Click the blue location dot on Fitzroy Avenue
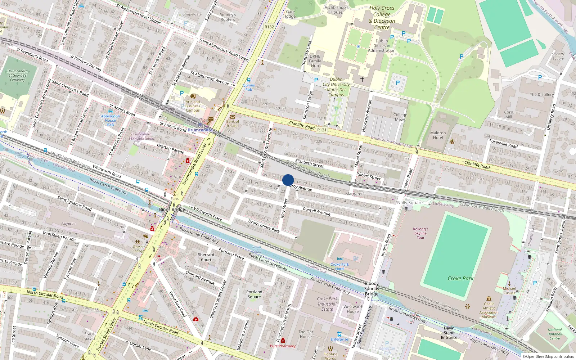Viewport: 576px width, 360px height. [288, 180]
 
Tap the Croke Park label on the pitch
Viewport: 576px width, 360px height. [460, 278]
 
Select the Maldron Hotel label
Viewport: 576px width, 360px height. [438, 135]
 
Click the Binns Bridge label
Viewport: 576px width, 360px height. [172, 209]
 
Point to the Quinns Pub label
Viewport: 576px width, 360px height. [249, 87]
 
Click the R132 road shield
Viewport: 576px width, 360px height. [269, 27]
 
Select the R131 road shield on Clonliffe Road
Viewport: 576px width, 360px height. [322, 130]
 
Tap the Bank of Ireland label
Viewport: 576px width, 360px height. [233, 123]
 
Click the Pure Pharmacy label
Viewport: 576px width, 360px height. [283, 346]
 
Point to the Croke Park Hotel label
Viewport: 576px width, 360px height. [340, 266]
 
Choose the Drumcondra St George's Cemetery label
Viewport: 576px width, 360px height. [18, 75]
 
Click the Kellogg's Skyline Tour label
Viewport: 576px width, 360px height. [420, 233]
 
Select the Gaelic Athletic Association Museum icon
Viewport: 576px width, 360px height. [489, 298]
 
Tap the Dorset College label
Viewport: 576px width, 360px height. [138, 249]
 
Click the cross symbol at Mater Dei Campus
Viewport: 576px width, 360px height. [362, 79]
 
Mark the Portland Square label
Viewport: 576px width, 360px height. [254, 294]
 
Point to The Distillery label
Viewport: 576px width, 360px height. [541, 94]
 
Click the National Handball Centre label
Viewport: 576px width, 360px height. [554, 334]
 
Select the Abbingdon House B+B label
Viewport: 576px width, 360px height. [111, 120]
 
